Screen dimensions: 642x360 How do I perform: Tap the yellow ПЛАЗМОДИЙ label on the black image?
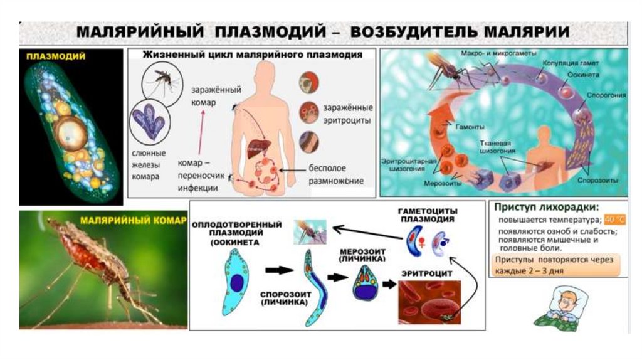56,56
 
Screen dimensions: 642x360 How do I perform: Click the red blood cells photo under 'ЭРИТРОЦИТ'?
429,302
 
